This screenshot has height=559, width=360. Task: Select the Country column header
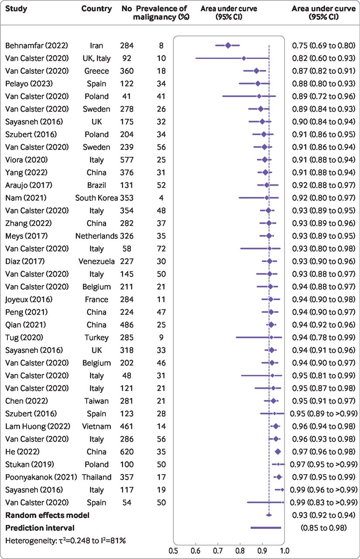[x=96, y=9]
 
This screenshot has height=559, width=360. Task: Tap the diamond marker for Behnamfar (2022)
[x=228, y=45]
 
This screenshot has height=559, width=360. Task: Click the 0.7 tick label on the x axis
[x=218, y=549]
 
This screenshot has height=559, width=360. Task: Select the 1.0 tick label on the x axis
[x=285, y=549]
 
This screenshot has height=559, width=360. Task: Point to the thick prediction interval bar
[x=265, y=528]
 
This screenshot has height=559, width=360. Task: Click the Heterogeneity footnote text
[x=65, y=541]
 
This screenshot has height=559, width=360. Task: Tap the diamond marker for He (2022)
[x=278, y=452]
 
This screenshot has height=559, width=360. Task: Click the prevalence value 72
[x=161, y=248]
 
